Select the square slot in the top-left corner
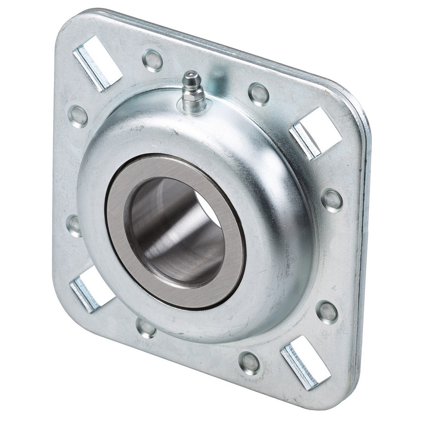pyautogui.click(x=98, y=63)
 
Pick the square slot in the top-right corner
pyautogui.click(x=316, y=132)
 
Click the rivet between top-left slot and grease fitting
pyautogui.click(x=152, y=60)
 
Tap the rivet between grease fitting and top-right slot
pyautogui.click(x=258, y=94)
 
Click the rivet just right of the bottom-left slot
pyautogui.click(x=146, y=327)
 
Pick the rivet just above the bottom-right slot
pyautogui.click(x=327, y=312)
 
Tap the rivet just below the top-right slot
pyautogui.click(x=332, y=200)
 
